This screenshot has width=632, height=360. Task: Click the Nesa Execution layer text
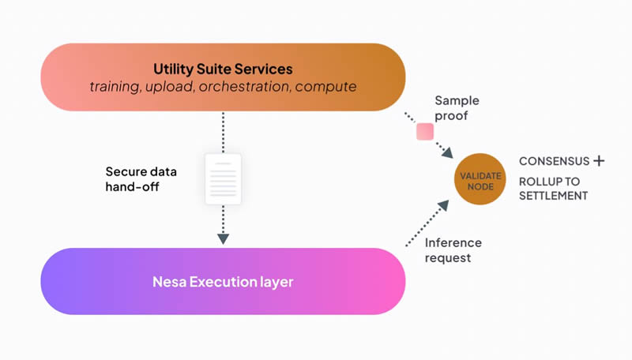coord(223,282)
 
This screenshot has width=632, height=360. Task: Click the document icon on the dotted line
coord(223,178)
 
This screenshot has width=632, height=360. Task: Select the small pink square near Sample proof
coord(425,131)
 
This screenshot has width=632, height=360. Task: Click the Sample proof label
coord(457,108)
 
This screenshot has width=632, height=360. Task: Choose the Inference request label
coord(453,250)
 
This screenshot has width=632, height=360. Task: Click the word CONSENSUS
coord(554,161)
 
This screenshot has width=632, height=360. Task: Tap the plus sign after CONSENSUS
coord(599,161)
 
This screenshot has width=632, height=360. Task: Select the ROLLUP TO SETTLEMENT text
coord(553,188)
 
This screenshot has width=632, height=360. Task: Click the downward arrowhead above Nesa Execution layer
coord(223,238)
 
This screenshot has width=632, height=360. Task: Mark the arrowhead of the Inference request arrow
coord(443,205)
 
